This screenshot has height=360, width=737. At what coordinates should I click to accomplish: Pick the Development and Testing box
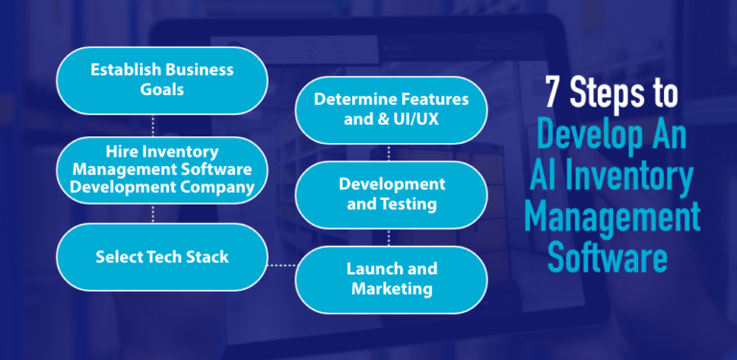click(392, 195)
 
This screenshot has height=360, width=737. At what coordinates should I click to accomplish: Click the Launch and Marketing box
click(392, 278)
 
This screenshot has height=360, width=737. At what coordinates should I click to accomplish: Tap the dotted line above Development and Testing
click(389, 153)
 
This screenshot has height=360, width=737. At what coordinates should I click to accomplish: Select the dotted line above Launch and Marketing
click(389, 237)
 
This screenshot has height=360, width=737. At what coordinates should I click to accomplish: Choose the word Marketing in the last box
click(392, 288)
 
